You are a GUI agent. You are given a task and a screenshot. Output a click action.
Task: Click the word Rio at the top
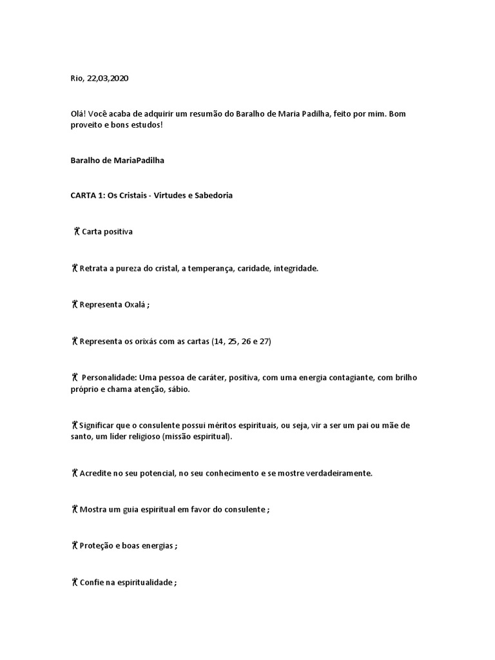[x=77, y=78]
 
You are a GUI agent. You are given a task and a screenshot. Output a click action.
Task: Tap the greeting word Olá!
[x=78, y=113]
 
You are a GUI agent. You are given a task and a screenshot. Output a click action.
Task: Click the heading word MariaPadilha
[x=138, y=160]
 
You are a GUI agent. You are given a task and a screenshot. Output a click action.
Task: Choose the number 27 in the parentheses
[x=264, y=341]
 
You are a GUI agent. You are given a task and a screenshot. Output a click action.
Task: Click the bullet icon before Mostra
[x=75, y=509]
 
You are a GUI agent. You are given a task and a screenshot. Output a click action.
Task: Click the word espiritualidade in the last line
[x=141, y=582]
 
